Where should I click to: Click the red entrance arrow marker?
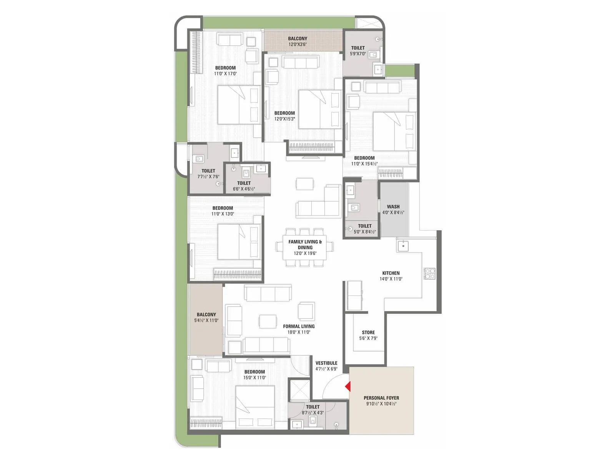[347, 386]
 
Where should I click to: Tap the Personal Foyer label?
[381, 398]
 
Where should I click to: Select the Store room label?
[368, 332]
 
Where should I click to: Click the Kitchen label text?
[391, 273]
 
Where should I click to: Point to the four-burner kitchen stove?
[429, 273]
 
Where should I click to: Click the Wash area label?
[393, 207]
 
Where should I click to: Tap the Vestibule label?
[326, 363]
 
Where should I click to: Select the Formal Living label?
[299, 326]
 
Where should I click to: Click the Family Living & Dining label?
[305, 244]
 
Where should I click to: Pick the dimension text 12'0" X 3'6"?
[298, 45]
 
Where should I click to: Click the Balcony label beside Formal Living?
[206, 314]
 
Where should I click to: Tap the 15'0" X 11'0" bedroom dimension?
[254, 378]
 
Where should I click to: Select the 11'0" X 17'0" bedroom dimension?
[225, 74]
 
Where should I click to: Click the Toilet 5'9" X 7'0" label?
[358, 48]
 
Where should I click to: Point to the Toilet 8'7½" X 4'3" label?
[313, 407]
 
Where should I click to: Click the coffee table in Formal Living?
[268, 321]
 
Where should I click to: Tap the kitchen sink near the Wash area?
[403, 245]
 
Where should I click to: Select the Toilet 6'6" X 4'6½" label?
[244, 183]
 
